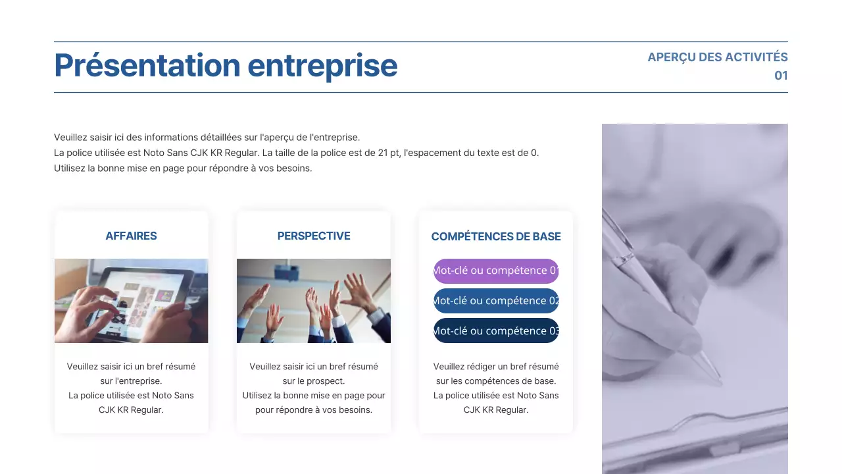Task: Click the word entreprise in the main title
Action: tap(322, 66)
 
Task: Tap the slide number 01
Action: tap(781, 76)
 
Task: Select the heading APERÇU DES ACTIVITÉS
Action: tap(717, 57)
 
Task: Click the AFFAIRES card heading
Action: tap(131, 236)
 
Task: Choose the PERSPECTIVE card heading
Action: tap(314, 236)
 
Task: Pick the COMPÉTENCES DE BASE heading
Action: tap(496, 236)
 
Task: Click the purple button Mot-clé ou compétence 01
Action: tap(496, 271)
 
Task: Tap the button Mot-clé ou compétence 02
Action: tap(496, 301)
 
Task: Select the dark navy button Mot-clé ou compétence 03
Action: tap(496, 330)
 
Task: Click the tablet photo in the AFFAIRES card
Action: tap(131, 300)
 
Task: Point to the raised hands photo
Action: tap(314, 300)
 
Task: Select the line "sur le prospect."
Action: tap(314, 381)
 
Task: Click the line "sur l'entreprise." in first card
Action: tap(131, 381)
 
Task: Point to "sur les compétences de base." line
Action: tap(496, 381)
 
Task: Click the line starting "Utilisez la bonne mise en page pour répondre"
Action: tap(183, 168)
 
